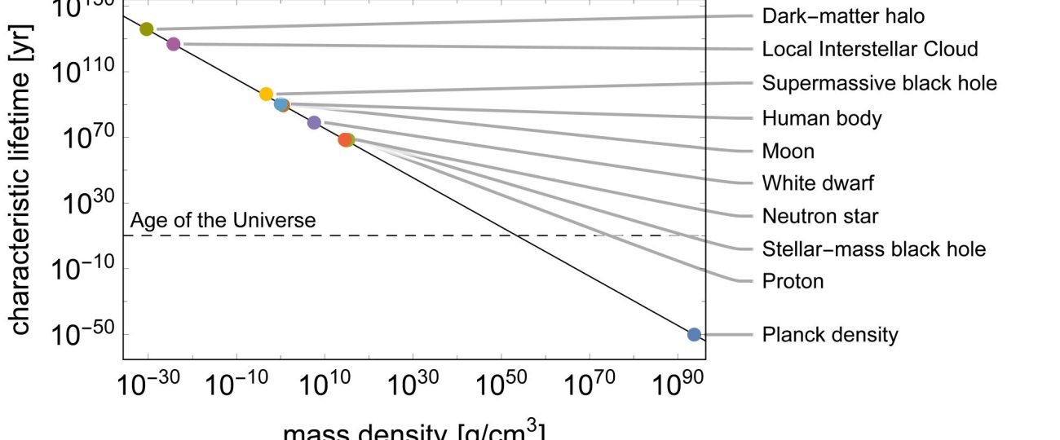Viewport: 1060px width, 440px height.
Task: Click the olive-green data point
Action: [147, 29]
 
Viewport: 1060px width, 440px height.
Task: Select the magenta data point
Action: [173, 44]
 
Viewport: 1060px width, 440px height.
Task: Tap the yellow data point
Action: [266, 94]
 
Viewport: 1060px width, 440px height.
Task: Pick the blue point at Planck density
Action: [694, 334]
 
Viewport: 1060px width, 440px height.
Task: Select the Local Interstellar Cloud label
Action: [869, 49]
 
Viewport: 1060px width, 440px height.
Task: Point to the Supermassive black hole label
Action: [879, 83]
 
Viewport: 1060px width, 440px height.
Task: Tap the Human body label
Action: [821, 118]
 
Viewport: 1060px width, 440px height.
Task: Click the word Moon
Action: [788, 152]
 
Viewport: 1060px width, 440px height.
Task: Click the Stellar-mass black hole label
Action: [873, 249]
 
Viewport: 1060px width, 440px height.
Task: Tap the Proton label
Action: [793, 282]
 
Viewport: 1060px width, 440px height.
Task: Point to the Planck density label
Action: [829, 334]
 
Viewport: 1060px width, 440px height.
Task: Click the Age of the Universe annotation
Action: [223, 221]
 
